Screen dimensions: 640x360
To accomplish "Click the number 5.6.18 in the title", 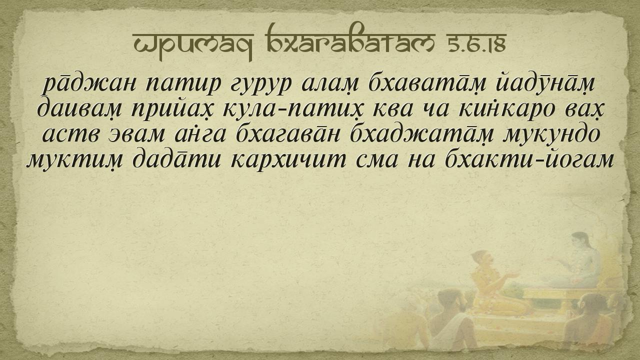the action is coord(476,44).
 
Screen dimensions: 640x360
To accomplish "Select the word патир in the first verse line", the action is coord(183,84).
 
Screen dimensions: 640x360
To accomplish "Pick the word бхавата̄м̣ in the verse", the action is coord(427,83).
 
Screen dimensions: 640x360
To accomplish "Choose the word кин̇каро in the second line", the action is coord(507,108).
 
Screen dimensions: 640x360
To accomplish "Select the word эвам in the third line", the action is coord(136,134).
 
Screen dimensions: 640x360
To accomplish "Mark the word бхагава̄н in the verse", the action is coord(288,133).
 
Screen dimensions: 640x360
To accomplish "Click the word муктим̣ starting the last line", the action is coord(74,159).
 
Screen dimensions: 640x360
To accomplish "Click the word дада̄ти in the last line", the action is coord(177,159).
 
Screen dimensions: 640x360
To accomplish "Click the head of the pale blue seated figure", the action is coord(580,241).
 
